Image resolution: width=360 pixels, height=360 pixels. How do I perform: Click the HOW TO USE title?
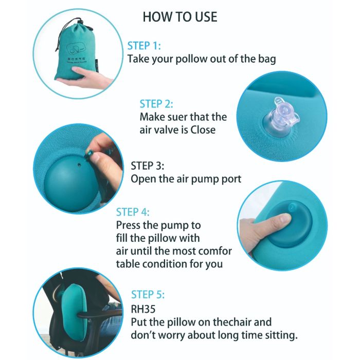180,17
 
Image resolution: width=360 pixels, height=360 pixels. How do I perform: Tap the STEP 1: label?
144,46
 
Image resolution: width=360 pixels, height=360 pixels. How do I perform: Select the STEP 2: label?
156,104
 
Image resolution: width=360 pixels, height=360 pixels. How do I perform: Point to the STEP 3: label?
148,166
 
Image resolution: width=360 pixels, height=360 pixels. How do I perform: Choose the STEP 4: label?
133,212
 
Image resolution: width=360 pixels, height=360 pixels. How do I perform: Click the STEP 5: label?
148,295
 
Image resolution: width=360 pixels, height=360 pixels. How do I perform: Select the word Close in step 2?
203,130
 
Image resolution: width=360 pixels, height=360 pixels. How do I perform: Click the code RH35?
143,309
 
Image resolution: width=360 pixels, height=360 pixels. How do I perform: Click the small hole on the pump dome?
79,165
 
